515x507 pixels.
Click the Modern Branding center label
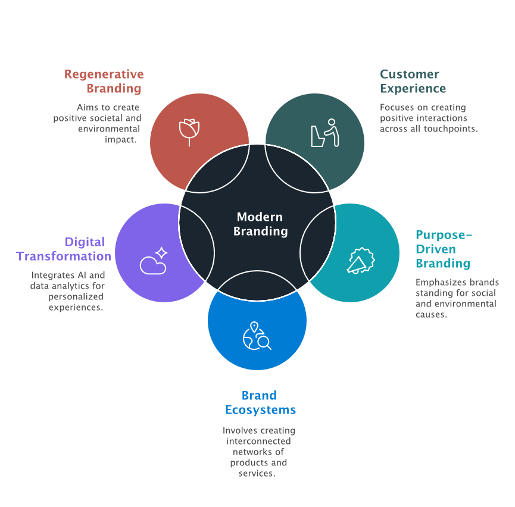point(260,224)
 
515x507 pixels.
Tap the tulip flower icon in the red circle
point(189,132)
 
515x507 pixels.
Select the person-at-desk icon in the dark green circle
point(324,133)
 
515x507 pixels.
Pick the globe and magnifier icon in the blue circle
point(257,336)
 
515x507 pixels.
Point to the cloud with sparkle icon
point(154,261)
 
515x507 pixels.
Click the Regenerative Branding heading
point(105,82)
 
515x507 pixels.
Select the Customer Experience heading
point(413,82)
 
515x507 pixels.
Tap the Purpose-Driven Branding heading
point(444,249)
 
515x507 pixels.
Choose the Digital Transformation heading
point(64,249)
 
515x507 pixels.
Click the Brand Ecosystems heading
point(260,403)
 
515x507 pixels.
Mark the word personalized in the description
point(76,297)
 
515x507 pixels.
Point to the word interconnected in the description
point(258,441)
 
